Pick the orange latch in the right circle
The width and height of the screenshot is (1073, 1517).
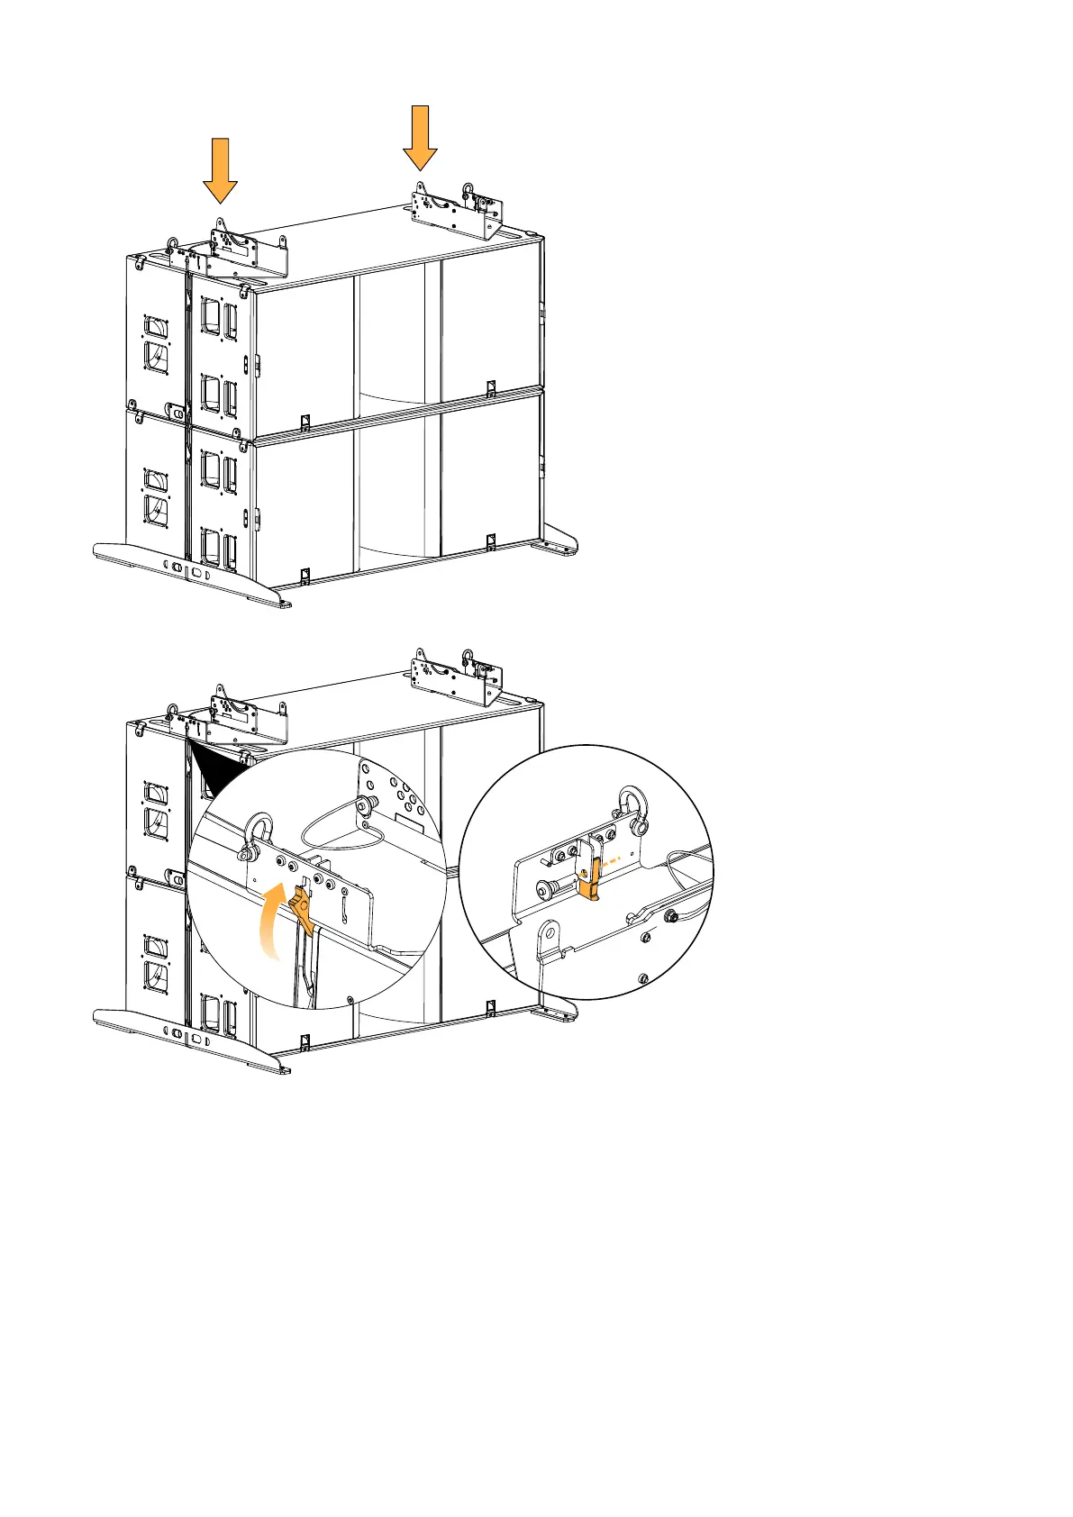591,879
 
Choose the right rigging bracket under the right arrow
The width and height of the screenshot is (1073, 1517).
457,213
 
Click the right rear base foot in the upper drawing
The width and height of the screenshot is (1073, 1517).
556,543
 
